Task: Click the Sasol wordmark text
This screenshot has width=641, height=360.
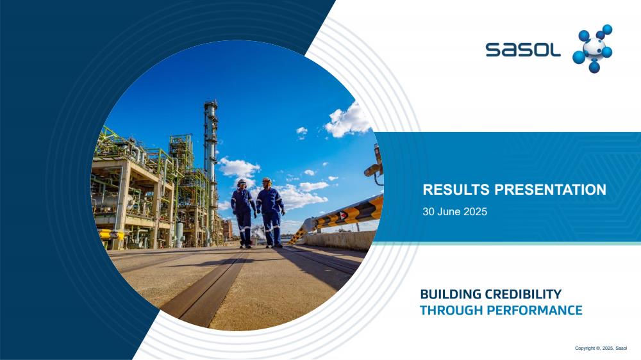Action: (523, 49)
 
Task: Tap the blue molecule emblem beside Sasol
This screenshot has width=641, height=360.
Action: (592, 49)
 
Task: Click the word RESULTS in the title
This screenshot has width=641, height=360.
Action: (456, 190)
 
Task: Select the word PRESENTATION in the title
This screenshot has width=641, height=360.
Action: (550, 190)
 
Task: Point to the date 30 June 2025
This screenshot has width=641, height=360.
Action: (454, 211)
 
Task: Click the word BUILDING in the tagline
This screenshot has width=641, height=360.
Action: (451, 294)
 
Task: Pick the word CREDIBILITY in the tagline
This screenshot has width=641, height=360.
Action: (523, 294)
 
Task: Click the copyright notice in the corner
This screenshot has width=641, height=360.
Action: (601, 348)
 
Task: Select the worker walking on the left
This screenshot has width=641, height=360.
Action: (243, 213)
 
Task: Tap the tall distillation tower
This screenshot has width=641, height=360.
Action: (211, 163)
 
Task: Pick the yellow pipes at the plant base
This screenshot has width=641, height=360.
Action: (111, 234)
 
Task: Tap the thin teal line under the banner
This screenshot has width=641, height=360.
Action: (507, 243)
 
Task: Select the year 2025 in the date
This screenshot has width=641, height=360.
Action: (476, 211)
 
